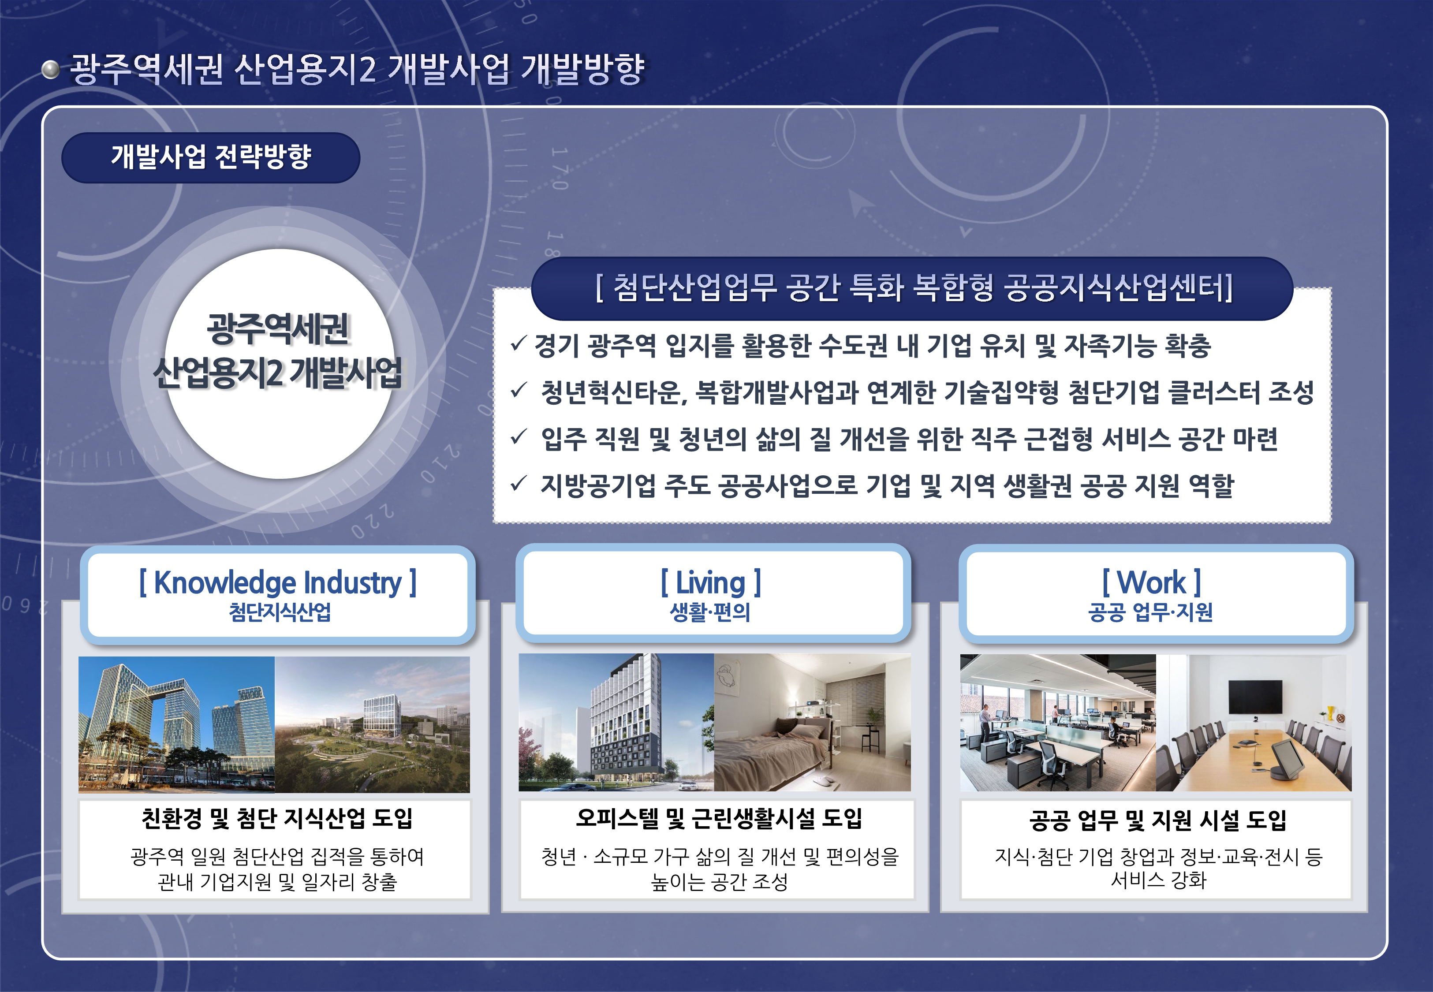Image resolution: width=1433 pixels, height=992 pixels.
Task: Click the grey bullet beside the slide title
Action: [x=50, y=70]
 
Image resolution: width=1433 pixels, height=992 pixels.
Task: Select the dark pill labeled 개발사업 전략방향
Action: [x=211, y=157]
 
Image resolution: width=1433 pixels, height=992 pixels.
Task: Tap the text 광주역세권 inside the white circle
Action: [x=279, y=329]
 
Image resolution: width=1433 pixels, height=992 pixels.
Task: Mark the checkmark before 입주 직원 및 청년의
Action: [x=519, y=437]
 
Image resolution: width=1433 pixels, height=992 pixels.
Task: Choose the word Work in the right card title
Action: [x=1152, y=582]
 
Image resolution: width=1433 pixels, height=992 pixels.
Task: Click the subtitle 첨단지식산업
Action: [x=280, y=612]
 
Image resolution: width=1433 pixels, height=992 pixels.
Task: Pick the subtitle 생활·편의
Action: [x=710, y=612]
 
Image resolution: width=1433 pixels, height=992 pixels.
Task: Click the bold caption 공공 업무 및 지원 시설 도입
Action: [x=1158, y=820]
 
